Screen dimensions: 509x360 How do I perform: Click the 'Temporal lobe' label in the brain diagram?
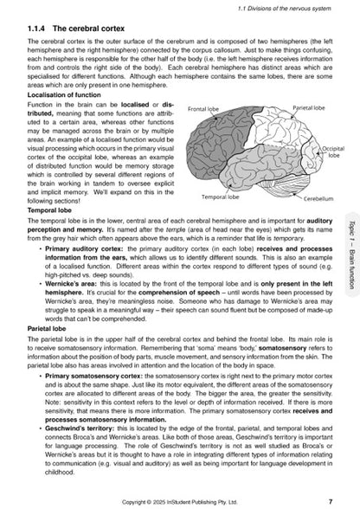pos(220,197)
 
